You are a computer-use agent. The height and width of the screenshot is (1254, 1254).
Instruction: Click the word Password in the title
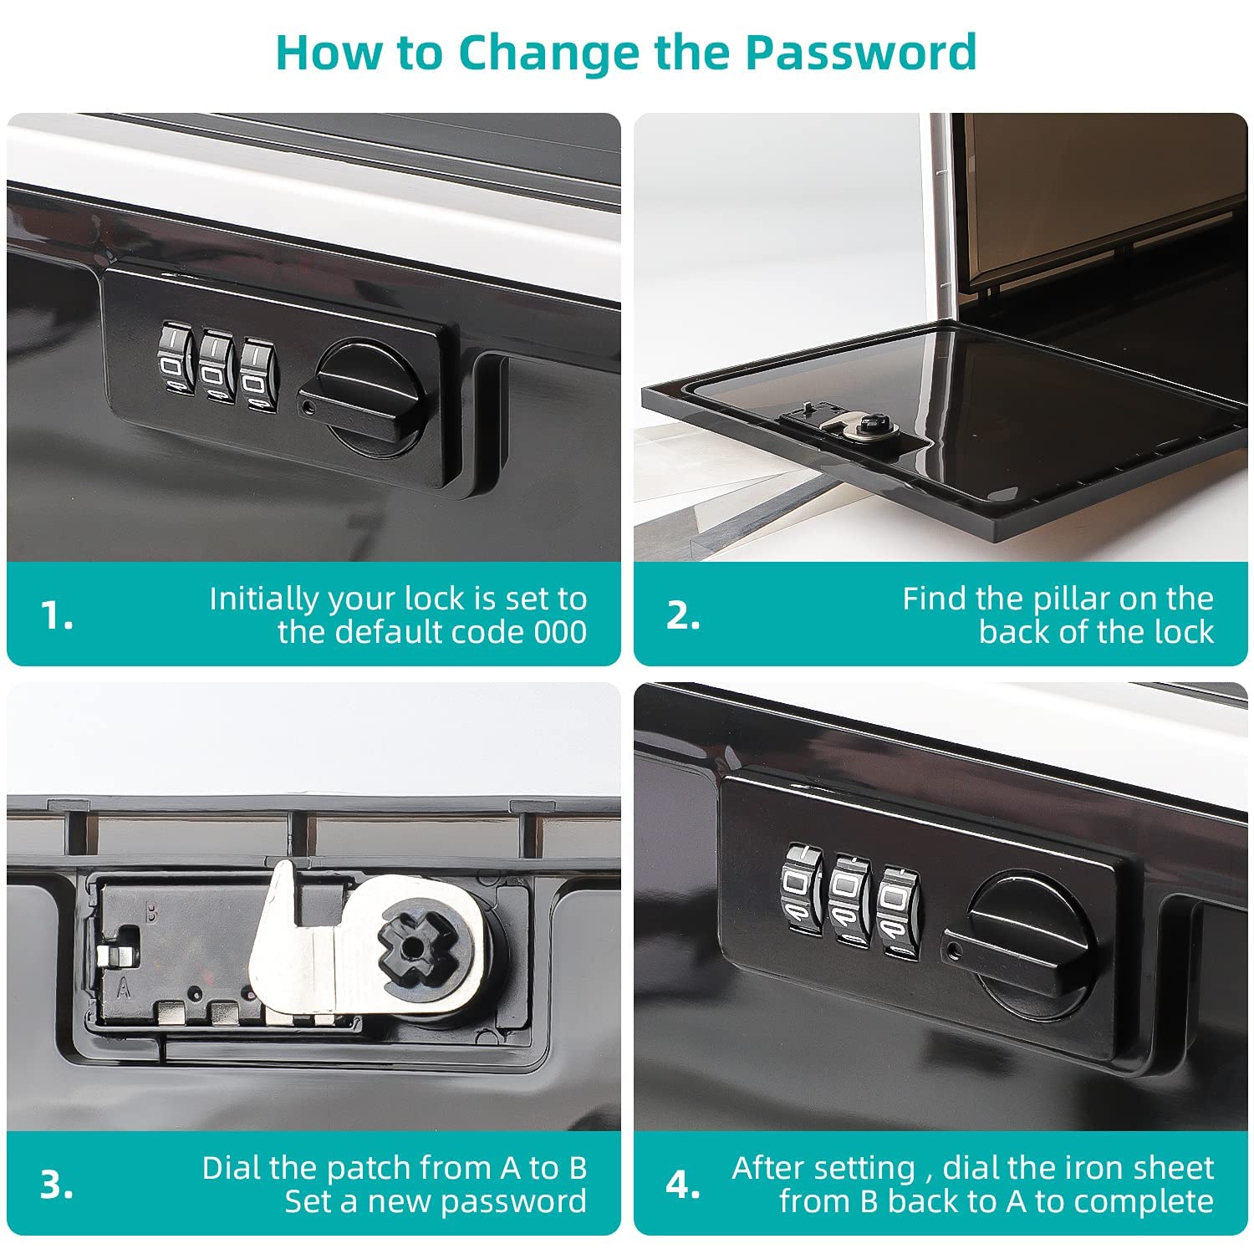(x=860, y=52)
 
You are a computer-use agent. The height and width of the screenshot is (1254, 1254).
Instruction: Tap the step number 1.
(x=56, y=616)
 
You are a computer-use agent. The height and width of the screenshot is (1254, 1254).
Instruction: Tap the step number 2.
(x=683, y=616)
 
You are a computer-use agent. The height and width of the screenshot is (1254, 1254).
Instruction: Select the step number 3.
(x=56, y=1185)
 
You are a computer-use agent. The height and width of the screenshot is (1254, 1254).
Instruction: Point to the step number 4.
(x=683, y=1185)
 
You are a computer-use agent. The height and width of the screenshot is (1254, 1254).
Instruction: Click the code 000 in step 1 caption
(x=559, y=632)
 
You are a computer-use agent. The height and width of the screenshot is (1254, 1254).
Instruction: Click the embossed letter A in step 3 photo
(x=125, y=989)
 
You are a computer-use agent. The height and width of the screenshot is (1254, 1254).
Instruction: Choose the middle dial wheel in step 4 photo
(x=849, y=899)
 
